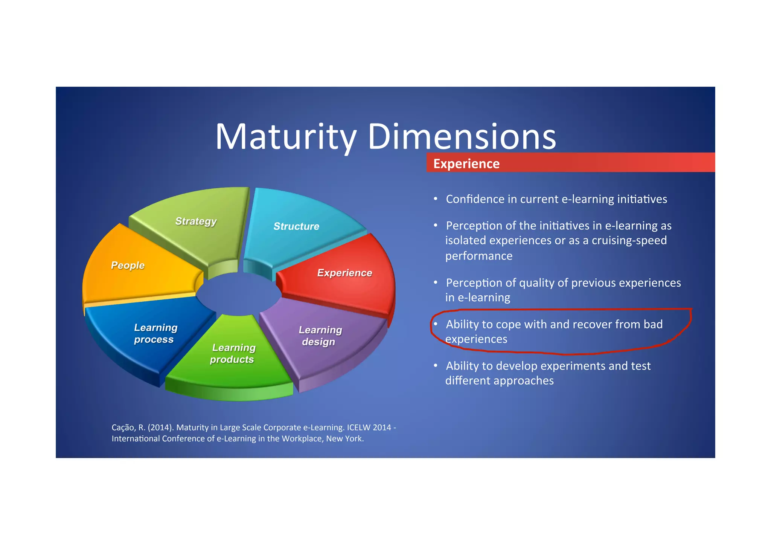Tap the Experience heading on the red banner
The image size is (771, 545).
(x=466, y=164)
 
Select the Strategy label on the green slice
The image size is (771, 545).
(x=196, y=221)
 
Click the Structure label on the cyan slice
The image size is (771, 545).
(x=296, y=226)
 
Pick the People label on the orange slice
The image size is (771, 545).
(x=128, y=265)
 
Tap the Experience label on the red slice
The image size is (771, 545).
(x=344, y=273)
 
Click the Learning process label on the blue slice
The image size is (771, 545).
(x=155, y=333)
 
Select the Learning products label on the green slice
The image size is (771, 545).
(x=233, y=353)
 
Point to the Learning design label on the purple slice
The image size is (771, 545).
(x=320, y=336)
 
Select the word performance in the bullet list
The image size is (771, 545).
(x=478, y=256)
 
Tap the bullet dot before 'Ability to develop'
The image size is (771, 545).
(x=436, y=365)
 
